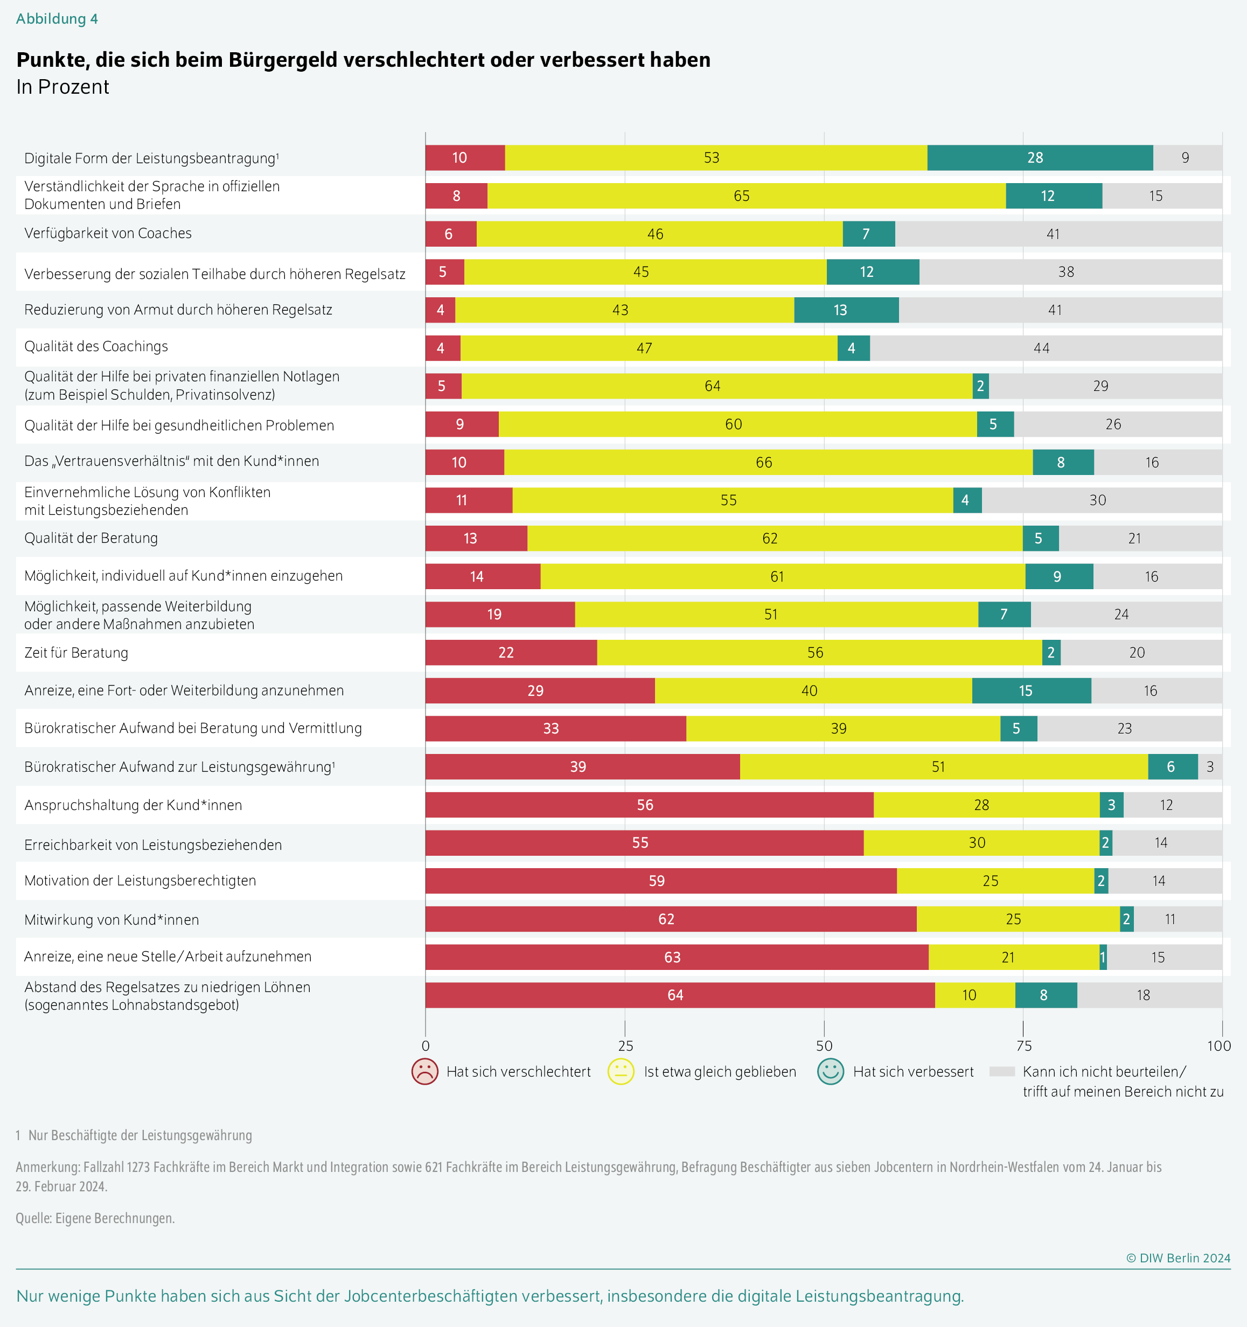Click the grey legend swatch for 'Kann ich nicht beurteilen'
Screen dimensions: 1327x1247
point(1001,1071)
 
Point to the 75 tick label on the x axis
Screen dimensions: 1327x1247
point(1023,1046)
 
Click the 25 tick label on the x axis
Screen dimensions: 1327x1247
point(625,1046)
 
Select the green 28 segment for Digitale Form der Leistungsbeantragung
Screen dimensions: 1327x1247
point(1040,158)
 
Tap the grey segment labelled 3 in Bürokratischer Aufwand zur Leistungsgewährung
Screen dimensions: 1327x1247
point(1210,767)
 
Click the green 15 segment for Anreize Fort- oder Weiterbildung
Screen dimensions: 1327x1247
point(1032,691)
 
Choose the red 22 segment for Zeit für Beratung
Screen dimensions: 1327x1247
point(511,652)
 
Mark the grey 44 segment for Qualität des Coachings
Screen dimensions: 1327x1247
point(1046,348)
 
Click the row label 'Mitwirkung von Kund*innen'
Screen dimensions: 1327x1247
point(112,920)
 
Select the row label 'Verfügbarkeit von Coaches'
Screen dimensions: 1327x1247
point(108,233)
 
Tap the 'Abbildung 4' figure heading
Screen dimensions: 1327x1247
point(57,19)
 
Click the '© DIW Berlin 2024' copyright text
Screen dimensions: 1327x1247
point(1178,1258)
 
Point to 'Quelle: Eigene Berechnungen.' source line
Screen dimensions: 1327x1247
point(95,1218)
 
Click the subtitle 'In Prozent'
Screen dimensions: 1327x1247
point(62,87)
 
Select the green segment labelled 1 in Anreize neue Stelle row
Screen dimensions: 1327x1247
point(1103,957)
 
